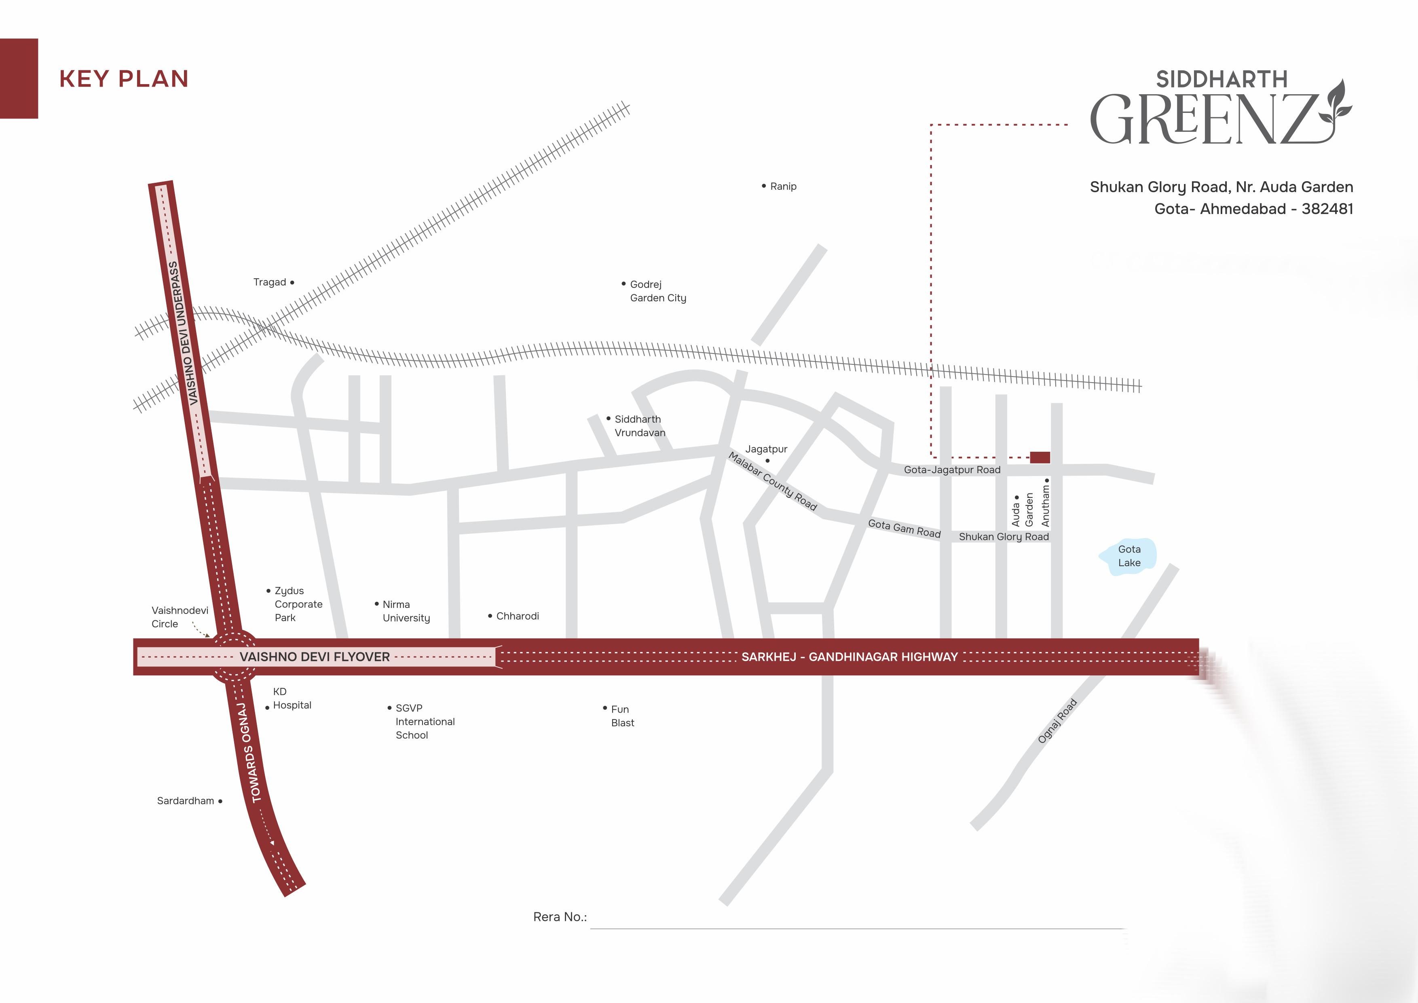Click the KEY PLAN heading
[123, 79]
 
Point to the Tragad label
[270, 282]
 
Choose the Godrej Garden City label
[657, 291]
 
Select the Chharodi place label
[517, 616]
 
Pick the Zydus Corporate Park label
[298, 604]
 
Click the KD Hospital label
[291, 698]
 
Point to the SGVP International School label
[424, 722]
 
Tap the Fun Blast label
[622, 716]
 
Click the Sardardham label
[185, 801]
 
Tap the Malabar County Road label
[773, 481]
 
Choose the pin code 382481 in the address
[1327, 209]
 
